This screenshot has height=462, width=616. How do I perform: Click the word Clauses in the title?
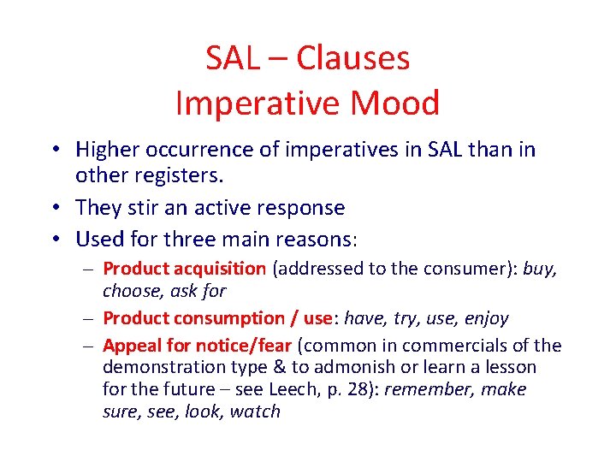(x=352, y=58)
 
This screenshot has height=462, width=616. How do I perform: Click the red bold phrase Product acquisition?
(x=184, y=269)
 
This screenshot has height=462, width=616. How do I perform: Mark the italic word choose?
(x=130, y=291)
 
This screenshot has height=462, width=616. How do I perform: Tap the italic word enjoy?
(x=486, y=318)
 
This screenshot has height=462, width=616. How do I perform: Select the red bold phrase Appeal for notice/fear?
(x=198, y=346)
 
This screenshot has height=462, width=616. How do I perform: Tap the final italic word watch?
(x=255, y=412)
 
